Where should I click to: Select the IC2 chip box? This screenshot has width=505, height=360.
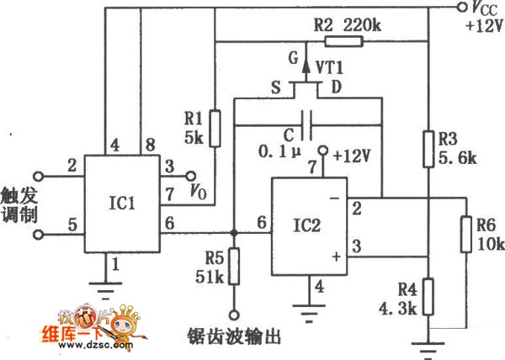click(x=308, y=226)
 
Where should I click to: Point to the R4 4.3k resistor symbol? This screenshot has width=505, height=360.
click(x=428, y=297)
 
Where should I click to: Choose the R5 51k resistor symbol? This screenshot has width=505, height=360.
click(x=235, y=266)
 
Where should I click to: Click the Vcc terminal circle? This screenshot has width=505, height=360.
click(x=460, y=8)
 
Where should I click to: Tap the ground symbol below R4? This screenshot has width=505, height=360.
click(x=428, y=344)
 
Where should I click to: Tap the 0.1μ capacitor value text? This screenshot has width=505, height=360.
click(x=279, y=153)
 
